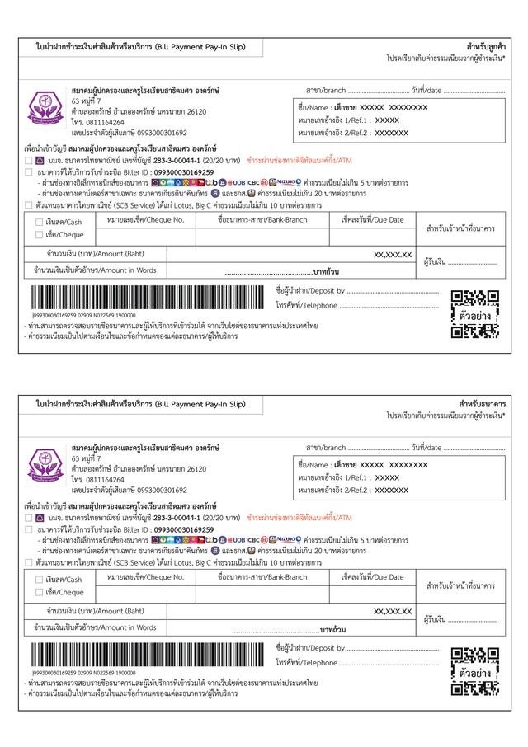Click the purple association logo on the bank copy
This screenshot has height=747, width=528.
(47, 467)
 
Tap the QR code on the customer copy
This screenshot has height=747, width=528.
(475, 314)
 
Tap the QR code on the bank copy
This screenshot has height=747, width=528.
(475, 672)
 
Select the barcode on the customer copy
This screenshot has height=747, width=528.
(148, 298)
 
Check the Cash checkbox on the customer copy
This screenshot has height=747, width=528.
(40, 222)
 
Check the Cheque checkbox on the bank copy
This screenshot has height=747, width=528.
(40, 592)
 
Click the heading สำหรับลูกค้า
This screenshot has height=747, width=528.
(485, 46)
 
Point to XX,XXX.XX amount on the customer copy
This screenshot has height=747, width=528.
(393, 255)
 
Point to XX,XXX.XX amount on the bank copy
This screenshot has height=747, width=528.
(393, 611)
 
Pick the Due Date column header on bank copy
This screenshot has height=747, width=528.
(372, 577)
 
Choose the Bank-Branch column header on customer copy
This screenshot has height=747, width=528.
(262, 219)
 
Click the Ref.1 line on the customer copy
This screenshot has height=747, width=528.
(348, 120)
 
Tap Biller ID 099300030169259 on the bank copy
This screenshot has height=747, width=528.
(177, 529)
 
